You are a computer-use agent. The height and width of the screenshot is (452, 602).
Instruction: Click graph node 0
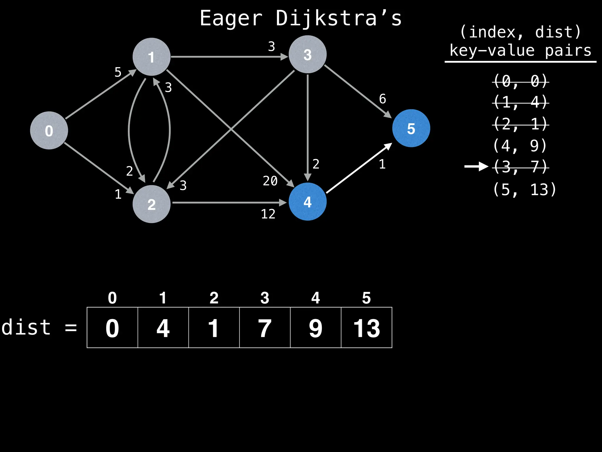click(49, 130)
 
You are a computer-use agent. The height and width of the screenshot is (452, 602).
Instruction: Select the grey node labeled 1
click(151, 57)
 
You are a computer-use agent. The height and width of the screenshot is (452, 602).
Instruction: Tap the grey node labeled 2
click(151, 204)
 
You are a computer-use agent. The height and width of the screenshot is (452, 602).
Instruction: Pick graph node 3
click(307, 54)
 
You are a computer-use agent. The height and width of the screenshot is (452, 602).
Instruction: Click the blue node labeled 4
click(307, 202)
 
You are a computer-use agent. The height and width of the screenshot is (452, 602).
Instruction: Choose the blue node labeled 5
click(411, 128)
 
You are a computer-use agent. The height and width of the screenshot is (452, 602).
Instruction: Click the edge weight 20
click(270, 181)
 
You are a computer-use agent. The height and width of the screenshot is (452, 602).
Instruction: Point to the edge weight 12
click(268, 214)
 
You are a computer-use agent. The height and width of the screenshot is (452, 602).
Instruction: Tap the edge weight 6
click(382, 99)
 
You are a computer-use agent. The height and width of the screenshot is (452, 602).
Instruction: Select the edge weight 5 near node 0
click(118, 72)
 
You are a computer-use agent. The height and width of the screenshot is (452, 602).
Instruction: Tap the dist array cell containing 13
click(367, 328)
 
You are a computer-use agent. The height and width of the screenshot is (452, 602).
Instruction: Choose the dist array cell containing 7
click(265, 328)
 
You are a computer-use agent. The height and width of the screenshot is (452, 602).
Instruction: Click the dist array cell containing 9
click(316, 328)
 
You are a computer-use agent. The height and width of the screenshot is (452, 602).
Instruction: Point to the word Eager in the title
click(231, 18)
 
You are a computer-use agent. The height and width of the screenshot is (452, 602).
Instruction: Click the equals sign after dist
click(71, 328)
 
